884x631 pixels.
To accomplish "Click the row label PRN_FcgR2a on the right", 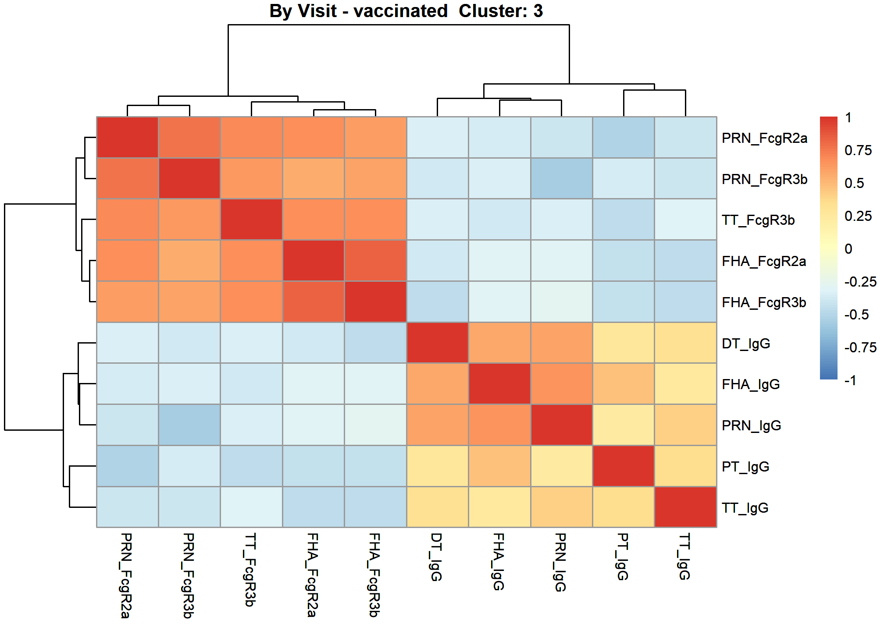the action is point(764,138).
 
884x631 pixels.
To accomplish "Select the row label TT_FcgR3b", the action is point(758,220).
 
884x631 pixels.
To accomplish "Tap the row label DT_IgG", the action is point(746,344).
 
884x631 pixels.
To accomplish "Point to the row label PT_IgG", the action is point(745,467).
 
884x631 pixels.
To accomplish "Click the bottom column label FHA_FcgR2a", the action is point(312,575).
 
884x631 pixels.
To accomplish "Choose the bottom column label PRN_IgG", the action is point(560,563).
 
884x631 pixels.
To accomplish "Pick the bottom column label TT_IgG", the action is point(684,557).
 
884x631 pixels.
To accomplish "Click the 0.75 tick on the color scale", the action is point(858,150).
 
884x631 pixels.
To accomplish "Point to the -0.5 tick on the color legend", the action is point(856,315).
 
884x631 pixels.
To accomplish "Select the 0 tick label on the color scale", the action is point(848,249).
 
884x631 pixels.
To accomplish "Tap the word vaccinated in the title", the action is point(400,11).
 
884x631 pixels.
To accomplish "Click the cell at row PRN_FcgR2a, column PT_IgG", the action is point(623,138).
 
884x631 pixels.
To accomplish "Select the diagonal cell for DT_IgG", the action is point(437,343).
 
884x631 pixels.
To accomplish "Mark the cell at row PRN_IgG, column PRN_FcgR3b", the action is point(189,425).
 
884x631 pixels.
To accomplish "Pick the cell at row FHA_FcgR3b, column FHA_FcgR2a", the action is point(314,301).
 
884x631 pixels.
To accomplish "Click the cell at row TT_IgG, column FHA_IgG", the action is point(499,507).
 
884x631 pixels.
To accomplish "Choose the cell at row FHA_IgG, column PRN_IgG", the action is point(561,384).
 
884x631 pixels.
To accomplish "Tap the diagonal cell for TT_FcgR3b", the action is point(251,220).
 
